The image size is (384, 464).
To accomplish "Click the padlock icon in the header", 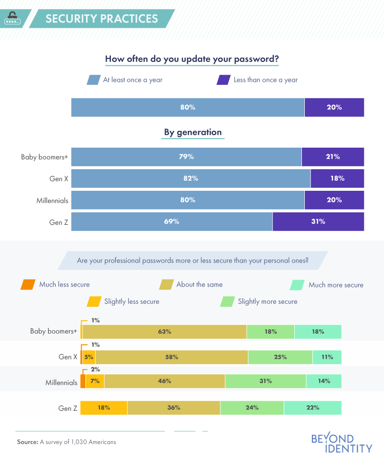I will (12, 18).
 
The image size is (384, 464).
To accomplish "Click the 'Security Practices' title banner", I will (101, 19).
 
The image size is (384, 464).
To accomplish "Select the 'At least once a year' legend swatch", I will (93, 80).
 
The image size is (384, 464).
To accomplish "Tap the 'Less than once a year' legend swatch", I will (223, 80).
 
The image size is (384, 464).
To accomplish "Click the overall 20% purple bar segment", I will (334, 107).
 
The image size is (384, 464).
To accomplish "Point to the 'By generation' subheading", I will (193, 132).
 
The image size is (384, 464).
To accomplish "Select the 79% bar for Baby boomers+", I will (186, 157).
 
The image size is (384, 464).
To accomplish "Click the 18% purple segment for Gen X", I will (337, 178).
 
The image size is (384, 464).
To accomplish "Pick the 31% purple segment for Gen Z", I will (318, 221).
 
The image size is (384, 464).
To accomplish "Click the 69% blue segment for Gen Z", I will (172, 221).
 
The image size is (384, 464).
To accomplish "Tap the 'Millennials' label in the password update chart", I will (52, 200).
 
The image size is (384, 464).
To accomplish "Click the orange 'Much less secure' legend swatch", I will (27, 285).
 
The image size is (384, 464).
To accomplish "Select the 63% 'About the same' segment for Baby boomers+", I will (164, 332).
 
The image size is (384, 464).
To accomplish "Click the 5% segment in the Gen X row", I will (89, 357).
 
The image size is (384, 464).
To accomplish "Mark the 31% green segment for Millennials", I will (265, 381).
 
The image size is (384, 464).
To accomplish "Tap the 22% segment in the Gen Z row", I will (312, 408).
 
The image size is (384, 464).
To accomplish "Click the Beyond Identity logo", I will (341, 443).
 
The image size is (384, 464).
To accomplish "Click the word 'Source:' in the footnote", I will (27, 442).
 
